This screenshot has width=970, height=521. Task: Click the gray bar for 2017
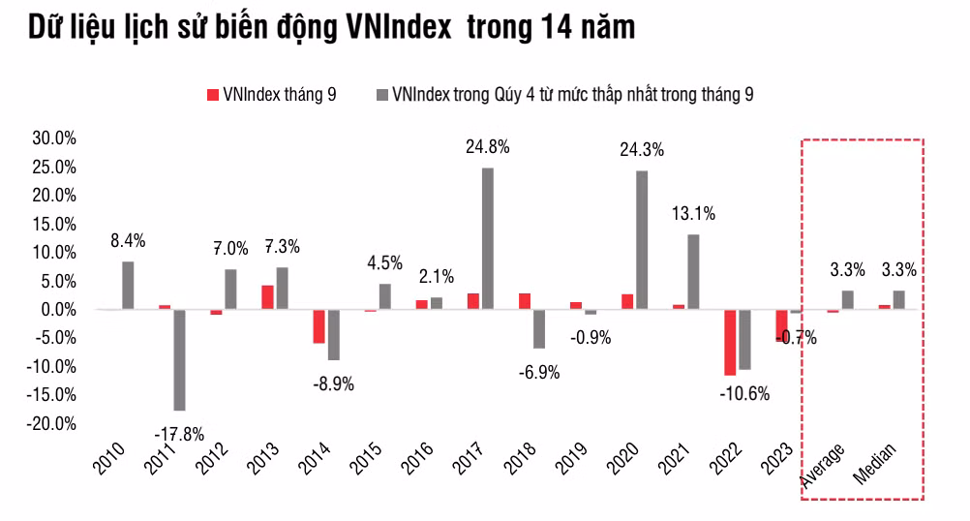[487, 238]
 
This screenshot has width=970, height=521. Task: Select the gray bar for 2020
[642, 239]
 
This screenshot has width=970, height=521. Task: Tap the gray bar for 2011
[179, 359]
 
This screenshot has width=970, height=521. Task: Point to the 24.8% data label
[487, 147]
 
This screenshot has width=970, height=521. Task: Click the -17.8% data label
[178, 432]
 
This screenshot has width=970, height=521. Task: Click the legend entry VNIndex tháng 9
[268, 94]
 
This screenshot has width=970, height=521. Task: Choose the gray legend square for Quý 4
[382, 94]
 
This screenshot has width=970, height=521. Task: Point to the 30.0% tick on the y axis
[54, 138]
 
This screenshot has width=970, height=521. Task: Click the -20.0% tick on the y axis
[54, 424]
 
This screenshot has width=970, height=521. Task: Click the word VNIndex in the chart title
[397, 28]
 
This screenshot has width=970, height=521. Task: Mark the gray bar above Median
[898, 299]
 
